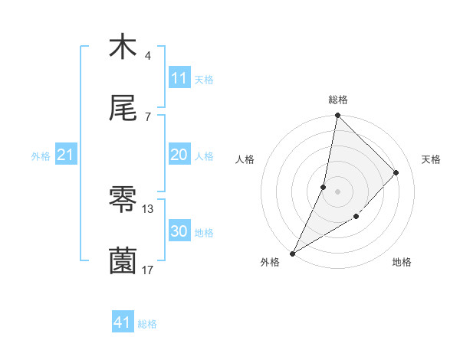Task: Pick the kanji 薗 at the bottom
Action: tap(123, 261)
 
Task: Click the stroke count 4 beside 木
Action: tap(147, 56)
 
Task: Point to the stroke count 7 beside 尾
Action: tap(147, 117)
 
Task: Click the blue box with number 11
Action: tap(179, 78)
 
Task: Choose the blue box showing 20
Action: tap(179, 155)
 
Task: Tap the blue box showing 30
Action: tap(179, 231)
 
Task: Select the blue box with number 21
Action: tap(66, 155)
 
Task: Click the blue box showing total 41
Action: tap(123, 322)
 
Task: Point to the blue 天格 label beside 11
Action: tap(204, 80)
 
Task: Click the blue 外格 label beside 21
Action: tap(41, 156)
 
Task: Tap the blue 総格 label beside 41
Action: tap(147, 324)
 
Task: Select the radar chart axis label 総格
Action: tap(338, 100)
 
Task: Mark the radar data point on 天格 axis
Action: tap(396, 172)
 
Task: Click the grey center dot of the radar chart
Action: tap(337, 191)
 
